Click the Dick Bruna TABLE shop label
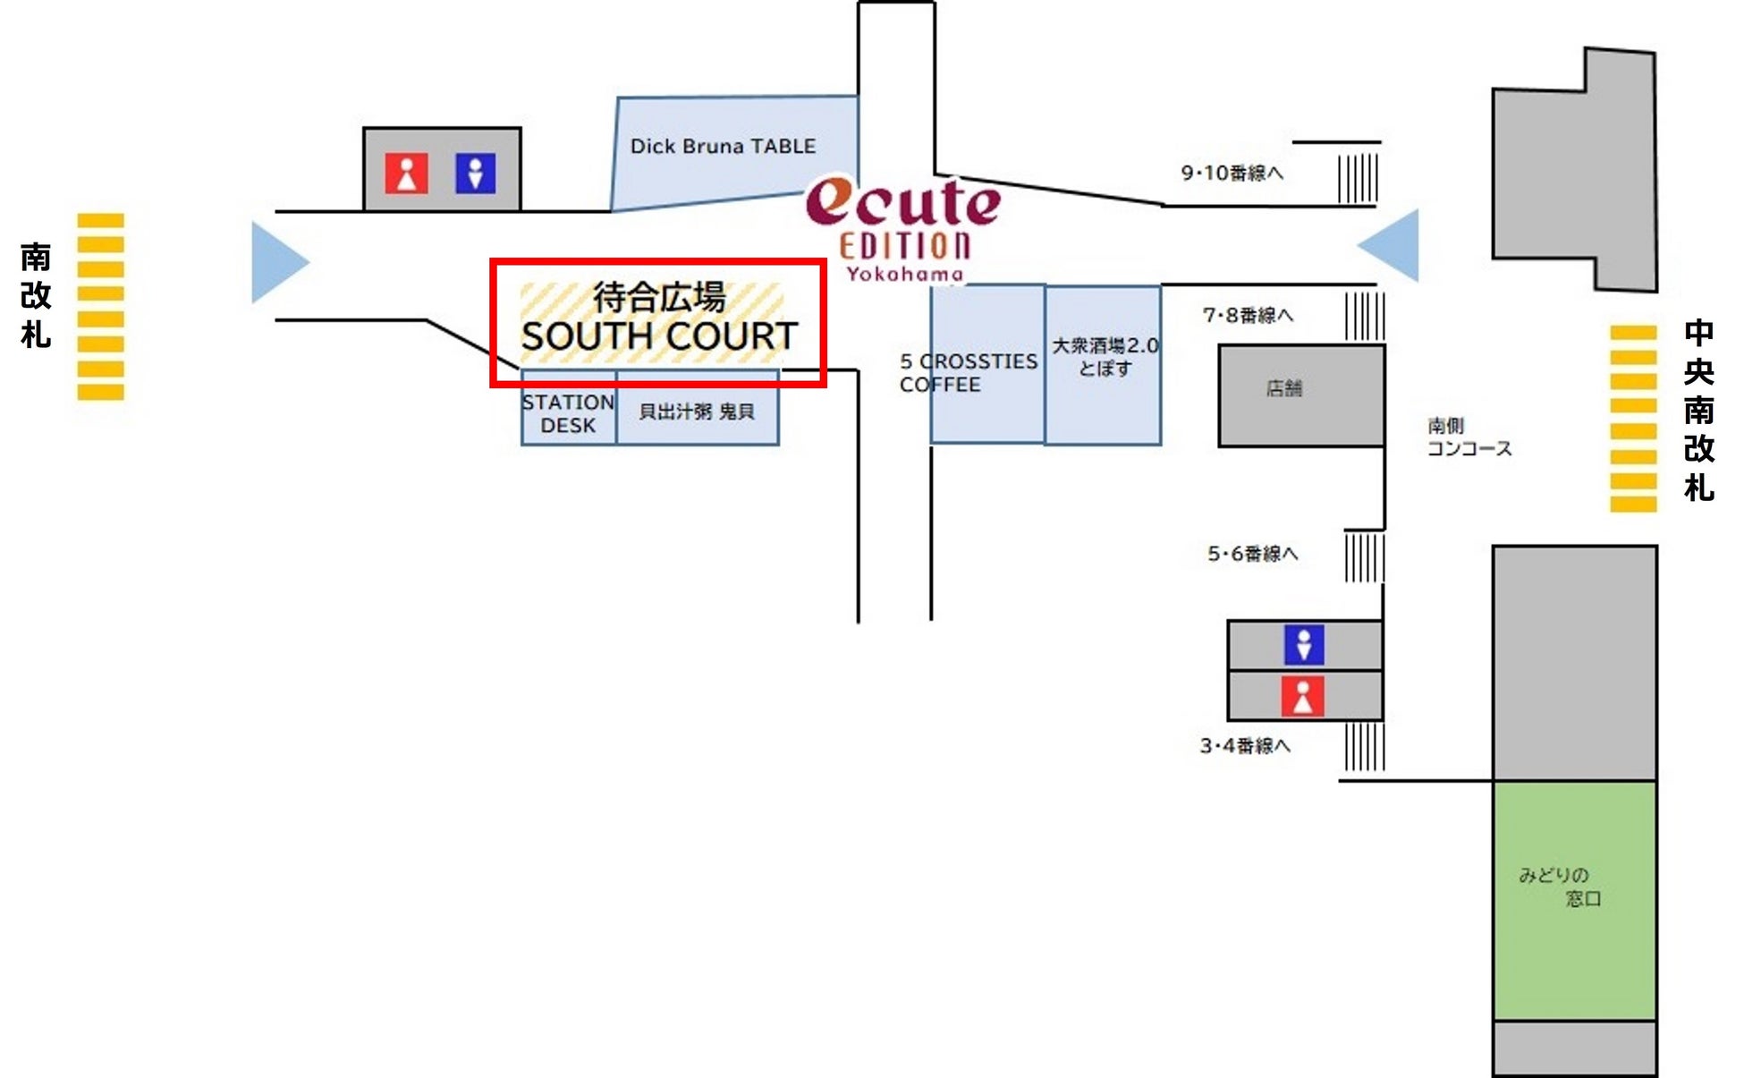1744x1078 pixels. pos(723,147)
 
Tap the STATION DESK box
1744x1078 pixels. pos(569,413)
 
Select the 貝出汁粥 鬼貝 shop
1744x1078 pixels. pos(697,412)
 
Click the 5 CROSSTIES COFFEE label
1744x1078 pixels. pos(968,373)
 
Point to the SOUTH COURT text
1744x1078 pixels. pos(659,337)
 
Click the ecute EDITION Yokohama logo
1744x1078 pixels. pos(903,229)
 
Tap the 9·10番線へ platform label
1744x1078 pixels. pos(1232,173)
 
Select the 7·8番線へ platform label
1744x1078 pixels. pos(1248,315)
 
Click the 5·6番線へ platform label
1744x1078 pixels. pos(1252,554)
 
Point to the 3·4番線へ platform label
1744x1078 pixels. pos(1245,745)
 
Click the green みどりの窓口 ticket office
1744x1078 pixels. pos(1574,899)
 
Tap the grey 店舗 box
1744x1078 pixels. pos(1301,395)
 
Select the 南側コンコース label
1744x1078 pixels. pos(1469,437)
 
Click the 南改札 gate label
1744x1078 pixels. pos(36,295)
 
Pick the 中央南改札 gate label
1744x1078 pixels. pos(1698,411)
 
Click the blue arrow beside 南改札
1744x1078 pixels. pos(278,262)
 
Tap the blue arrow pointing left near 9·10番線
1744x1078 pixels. pos(1391,245)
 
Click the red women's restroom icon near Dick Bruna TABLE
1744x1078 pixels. pos(406,174)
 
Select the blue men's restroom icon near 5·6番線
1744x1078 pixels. pos(1303,645)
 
